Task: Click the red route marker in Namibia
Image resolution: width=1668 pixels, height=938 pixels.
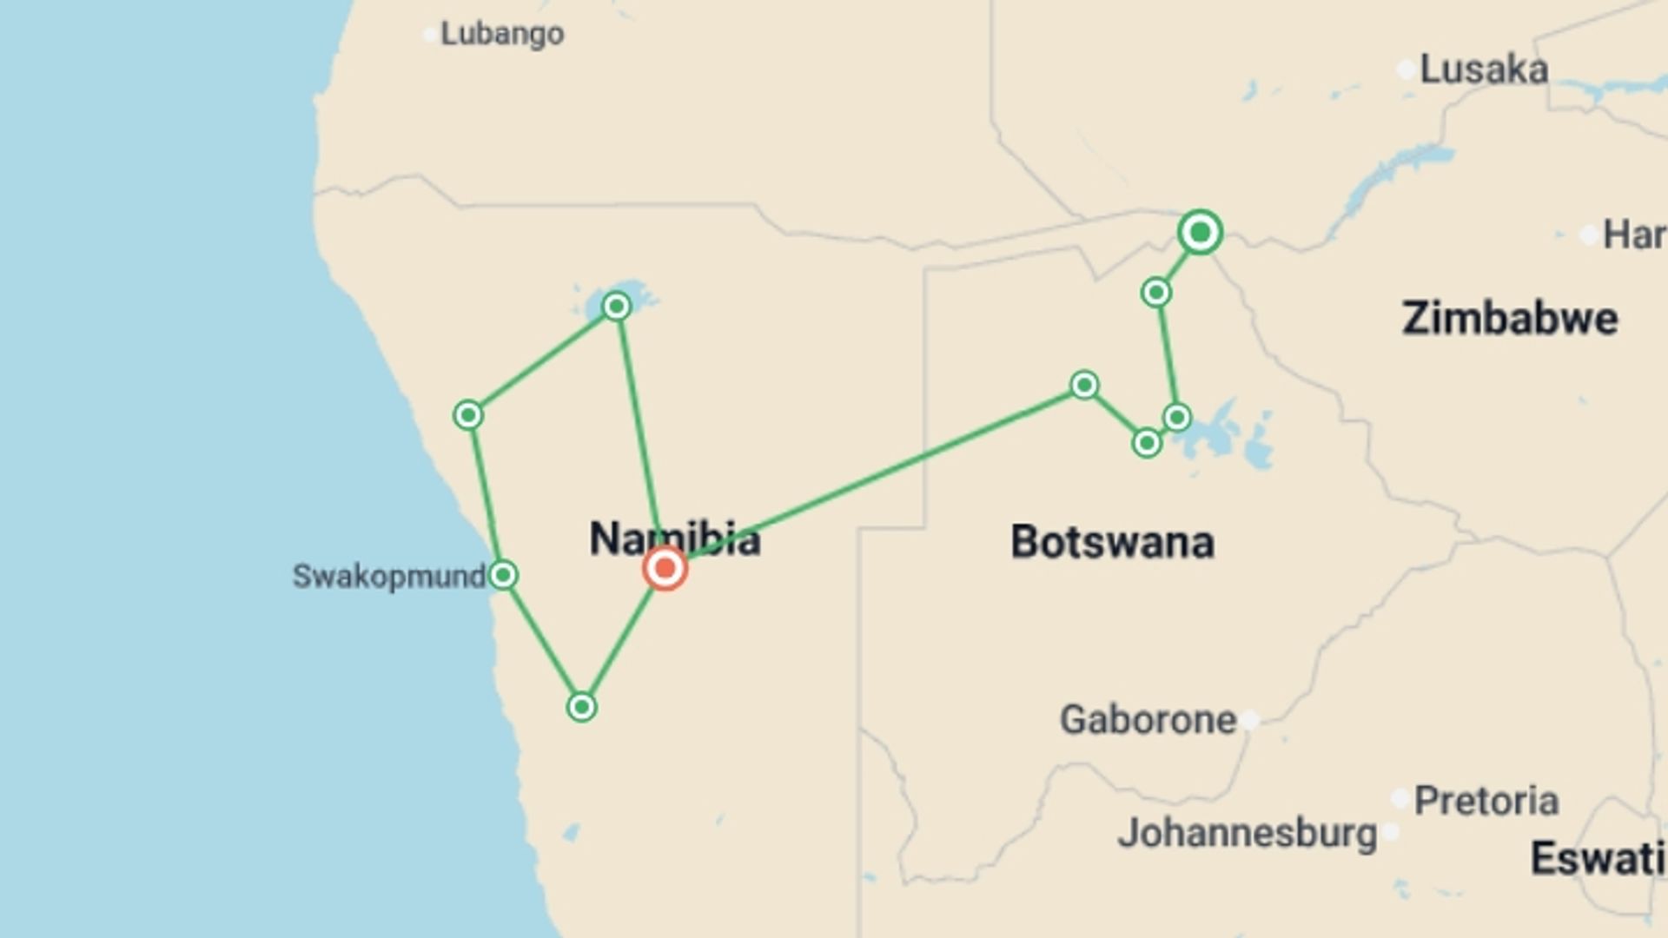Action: [665, 569]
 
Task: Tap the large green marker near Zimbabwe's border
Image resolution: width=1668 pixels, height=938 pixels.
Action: [1200, 232]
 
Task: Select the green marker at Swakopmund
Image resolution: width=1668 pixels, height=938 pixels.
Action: [503, 575]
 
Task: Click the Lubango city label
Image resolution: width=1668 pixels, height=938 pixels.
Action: [502, 34]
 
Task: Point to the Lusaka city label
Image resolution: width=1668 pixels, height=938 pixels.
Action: [1483, 69]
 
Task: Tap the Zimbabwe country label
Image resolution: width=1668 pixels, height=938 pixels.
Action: [1510, 318]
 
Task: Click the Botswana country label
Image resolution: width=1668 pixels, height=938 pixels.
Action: [1112, 542]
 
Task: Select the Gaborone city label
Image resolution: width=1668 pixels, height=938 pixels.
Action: [1148, 719]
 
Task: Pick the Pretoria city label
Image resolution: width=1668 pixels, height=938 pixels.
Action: [1486, 800]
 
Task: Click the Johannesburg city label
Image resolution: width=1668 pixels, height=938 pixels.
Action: [1247, 833]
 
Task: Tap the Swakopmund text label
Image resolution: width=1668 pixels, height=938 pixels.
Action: [388, 576]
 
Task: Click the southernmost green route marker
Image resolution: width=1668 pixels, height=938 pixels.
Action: [581, 707]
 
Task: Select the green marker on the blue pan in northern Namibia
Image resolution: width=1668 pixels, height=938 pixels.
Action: [616, 306]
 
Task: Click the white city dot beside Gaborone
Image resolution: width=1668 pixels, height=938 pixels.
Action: [1249, 720]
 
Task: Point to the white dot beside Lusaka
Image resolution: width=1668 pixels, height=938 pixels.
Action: [1407, 69]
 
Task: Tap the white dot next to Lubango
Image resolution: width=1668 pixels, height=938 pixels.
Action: [429, 35]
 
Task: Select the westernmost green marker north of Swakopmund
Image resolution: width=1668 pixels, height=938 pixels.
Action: [468, 415]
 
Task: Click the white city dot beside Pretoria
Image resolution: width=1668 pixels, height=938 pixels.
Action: [1400, 798]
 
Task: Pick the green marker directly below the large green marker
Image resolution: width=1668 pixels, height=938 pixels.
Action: [1155, 293]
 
